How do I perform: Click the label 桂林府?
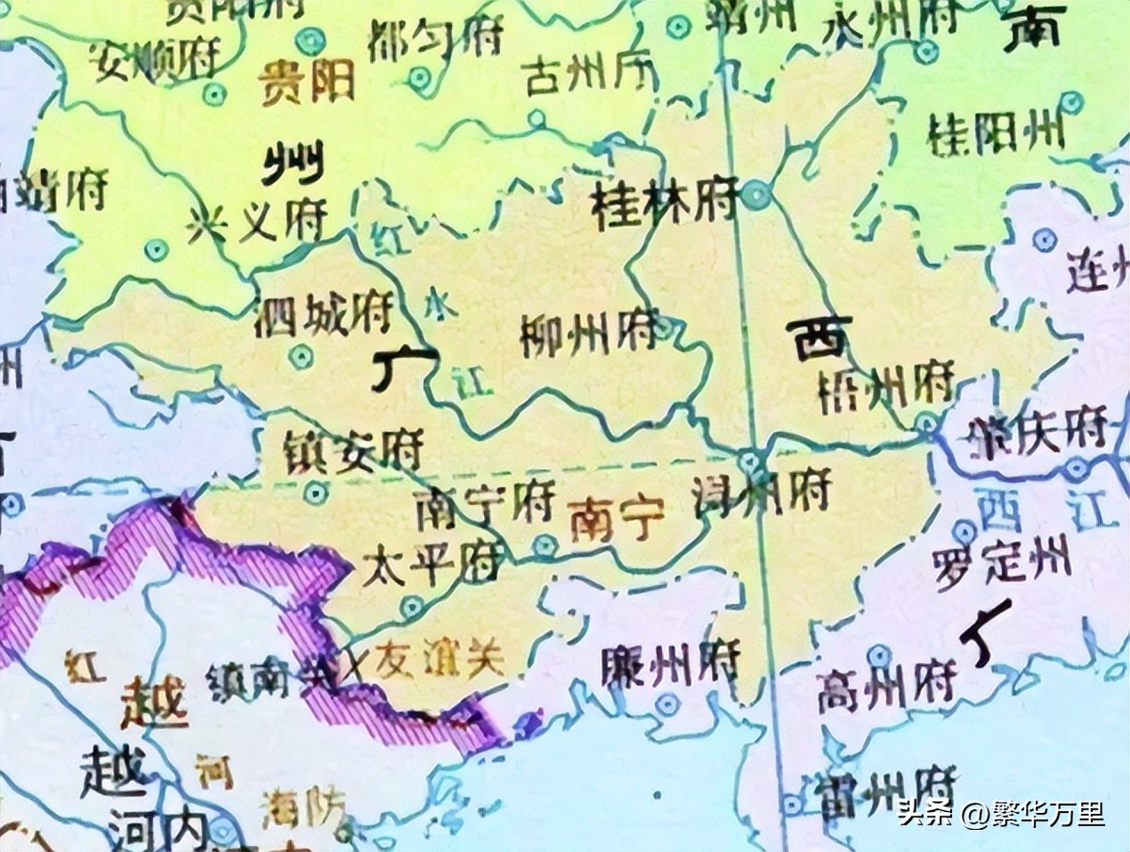coord(665,202)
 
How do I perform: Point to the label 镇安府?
coord(352,452)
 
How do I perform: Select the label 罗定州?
coord(1002,564)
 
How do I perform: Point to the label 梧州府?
coord(884,385)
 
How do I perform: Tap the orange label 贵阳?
coord(307,83)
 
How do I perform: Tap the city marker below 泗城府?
coord(301,358)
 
